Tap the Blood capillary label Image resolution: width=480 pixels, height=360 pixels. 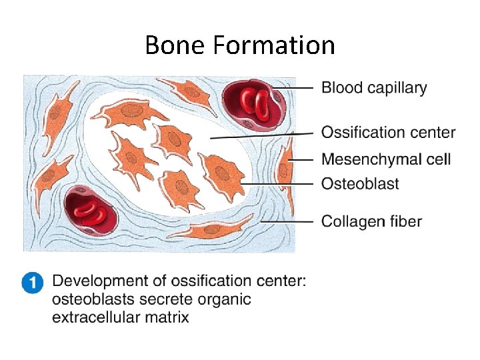point(374,87)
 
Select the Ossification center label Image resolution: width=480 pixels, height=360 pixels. point(388,133)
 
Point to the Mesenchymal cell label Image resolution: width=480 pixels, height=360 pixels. point(386,159)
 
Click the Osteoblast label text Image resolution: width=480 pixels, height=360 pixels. point(360,183)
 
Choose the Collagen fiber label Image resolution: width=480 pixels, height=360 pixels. point(371,221)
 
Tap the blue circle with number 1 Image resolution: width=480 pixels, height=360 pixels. point(32,283)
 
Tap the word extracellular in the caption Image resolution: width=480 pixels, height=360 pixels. point(95,317)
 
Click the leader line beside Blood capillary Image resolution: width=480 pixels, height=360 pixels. point(295,87)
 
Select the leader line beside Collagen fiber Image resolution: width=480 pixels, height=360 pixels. point(287,221)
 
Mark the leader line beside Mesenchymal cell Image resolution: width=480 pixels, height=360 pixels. point(303,159)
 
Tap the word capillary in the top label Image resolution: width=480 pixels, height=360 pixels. point(400,87)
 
